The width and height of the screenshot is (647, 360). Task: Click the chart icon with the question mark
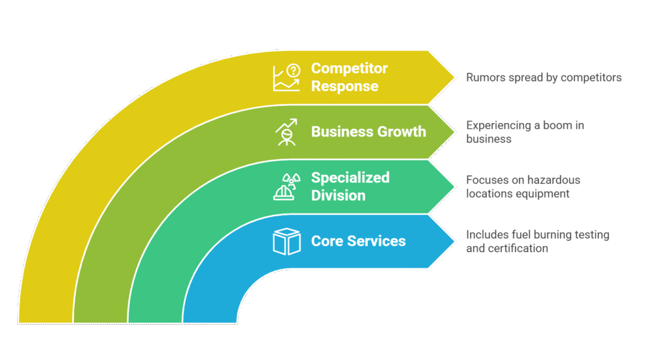(286, 77)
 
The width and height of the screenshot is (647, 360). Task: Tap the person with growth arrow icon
(286, 132)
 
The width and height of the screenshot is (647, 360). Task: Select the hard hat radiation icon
(286, 186)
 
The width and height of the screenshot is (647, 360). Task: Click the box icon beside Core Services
(286, 241)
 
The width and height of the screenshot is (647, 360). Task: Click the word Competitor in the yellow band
(349, 68)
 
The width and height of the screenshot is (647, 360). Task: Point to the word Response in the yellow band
(344, 87)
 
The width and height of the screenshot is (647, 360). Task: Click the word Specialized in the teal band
(350, 177)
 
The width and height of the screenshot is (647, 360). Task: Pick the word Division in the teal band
(338, 195)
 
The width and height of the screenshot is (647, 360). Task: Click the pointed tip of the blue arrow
(454, 241)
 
